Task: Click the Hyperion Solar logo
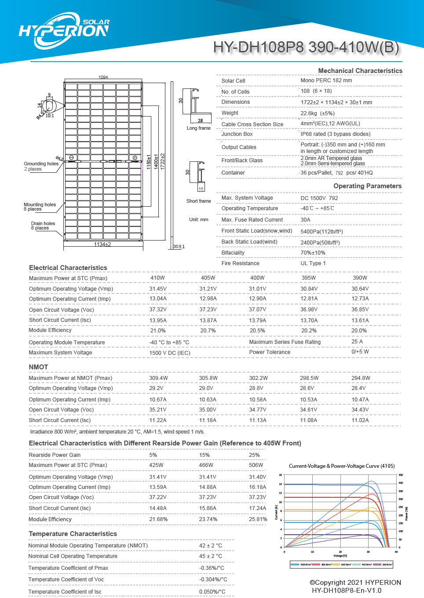(x=64, y=30)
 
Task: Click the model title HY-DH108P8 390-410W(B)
(x=306, y=47)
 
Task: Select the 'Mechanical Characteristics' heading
(x=360, y=71)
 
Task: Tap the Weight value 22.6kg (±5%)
(x=317, y=113)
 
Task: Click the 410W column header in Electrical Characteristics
(x=157, y=278)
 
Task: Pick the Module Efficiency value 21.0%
(x=157, y=331)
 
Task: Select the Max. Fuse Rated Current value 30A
(x=305, y=220)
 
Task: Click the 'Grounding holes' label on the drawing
(x=41, y=164)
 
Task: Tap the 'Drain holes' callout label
(x=43, y=223)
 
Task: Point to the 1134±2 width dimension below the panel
(x=102, y=244)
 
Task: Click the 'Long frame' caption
(x=198, y=128)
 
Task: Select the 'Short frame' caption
(x=198, y=201)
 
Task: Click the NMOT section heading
(x=38, y=367)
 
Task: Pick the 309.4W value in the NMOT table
(x=158, y=378)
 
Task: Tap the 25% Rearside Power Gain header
(x=254, y=455)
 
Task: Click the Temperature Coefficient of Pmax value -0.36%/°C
(x=212, y=568)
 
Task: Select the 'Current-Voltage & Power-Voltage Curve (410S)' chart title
(x=341, y=466)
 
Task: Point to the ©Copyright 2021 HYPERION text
(x=355, y=583)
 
